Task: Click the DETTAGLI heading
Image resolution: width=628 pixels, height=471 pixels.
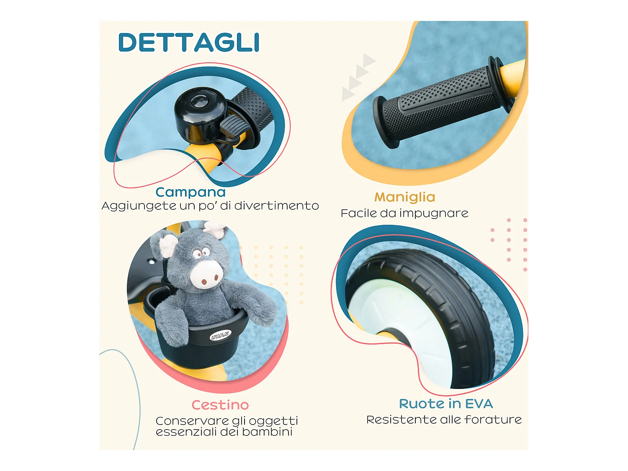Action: click(x=189, y=42)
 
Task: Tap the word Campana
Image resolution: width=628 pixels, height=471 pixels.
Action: click(x=190, y=193)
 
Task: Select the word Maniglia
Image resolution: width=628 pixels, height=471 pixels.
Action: click(x=405, y=197)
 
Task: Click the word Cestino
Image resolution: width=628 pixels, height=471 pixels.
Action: click(x=220, y=405)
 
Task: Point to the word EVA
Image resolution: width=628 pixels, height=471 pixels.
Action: click(x=479, y=404)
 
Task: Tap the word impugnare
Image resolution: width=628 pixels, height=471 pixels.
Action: click(x=434, y=214)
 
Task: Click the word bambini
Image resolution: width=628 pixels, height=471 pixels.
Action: click(x=267, y=432)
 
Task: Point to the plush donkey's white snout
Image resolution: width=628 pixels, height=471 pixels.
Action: click(x=206, y=274)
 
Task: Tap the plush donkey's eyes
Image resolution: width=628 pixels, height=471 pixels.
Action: click(x=201, y=253)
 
